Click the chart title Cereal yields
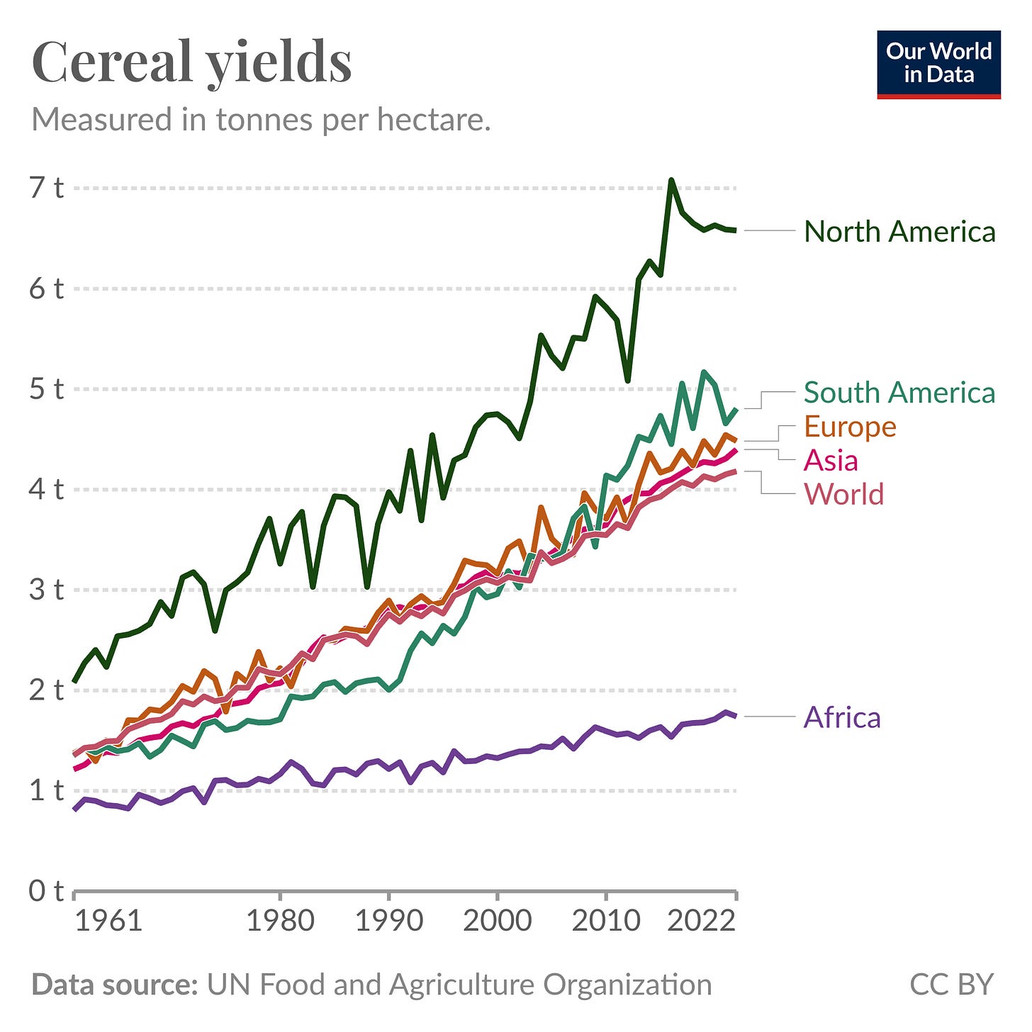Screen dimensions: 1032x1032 click(x=191, y=62)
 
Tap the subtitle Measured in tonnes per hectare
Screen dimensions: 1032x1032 click(x=261, y=120)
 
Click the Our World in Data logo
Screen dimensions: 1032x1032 click(x=938, y=64)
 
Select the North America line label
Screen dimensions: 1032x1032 click(x=899, y=232)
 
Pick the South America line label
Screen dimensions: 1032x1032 click(x=899, y=393)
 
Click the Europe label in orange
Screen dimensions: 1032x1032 click(x=850, y=427)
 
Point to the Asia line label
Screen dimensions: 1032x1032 click(x=831, y=461)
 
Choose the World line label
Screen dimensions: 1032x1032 click(x=843, y=494)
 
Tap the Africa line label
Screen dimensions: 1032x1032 click(x=842, y=718)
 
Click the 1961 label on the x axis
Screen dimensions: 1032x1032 click(x=108, y=921)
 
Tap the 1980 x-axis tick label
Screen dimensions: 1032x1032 click(x=280, y=921)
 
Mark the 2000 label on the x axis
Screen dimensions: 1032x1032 click(x=497, y=921)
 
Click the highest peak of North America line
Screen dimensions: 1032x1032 click(x=671, y=181)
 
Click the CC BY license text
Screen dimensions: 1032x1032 click(x=951, y=985)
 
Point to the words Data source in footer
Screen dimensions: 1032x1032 click(x=114, y=985)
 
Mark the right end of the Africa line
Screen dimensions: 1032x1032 click(x=736, y=716)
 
